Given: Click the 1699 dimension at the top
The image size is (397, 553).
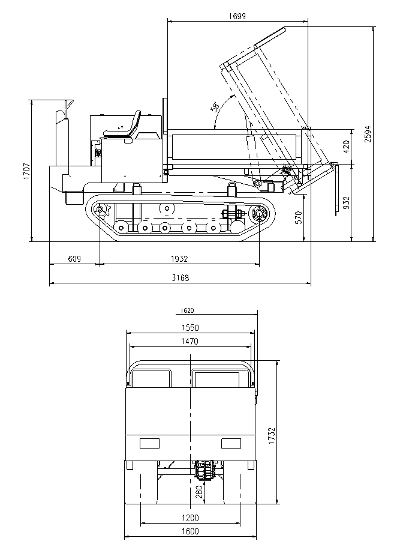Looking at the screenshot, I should [238, 16].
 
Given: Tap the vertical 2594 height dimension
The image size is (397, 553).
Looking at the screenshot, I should [368, 133].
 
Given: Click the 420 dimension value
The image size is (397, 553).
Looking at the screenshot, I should [345, 146].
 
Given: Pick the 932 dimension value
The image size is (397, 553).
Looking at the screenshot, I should [345, 202].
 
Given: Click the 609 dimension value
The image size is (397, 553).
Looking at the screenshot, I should [74, 259].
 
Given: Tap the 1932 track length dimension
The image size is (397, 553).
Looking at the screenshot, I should [179, 259].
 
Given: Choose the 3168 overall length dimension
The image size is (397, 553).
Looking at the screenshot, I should [179, 278].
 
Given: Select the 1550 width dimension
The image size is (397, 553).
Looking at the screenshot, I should [190, 328].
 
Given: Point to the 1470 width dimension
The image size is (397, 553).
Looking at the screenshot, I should [190, 341].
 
